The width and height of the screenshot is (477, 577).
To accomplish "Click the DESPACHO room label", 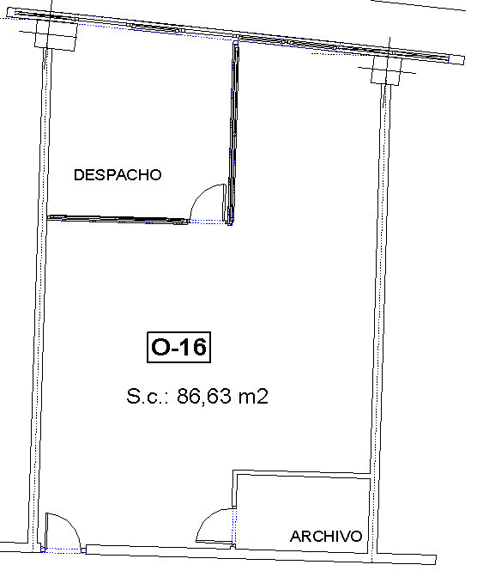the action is pos(118,175).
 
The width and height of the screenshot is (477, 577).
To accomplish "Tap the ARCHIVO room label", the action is pos(326,537).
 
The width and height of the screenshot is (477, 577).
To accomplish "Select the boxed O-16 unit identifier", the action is pos(178,347).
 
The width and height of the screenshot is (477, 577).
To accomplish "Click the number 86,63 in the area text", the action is pos(204,397).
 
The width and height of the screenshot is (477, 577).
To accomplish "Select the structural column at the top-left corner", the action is pos(56,34).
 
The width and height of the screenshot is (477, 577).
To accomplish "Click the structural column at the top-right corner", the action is pos(386,69).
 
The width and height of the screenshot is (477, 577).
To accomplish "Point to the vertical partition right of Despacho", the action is pos(232,132).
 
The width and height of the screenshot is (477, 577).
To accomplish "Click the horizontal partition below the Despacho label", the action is pos(118,219).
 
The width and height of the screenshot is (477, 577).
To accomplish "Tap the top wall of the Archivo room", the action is pos(302,474).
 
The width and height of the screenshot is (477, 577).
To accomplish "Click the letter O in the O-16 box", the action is pos(160,347).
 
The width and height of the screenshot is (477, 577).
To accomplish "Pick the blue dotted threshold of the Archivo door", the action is pos(234,526).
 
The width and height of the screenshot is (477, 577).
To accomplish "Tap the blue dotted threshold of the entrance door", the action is pos(63,550).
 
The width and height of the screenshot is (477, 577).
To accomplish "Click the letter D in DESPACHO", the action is pos(79,175).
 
